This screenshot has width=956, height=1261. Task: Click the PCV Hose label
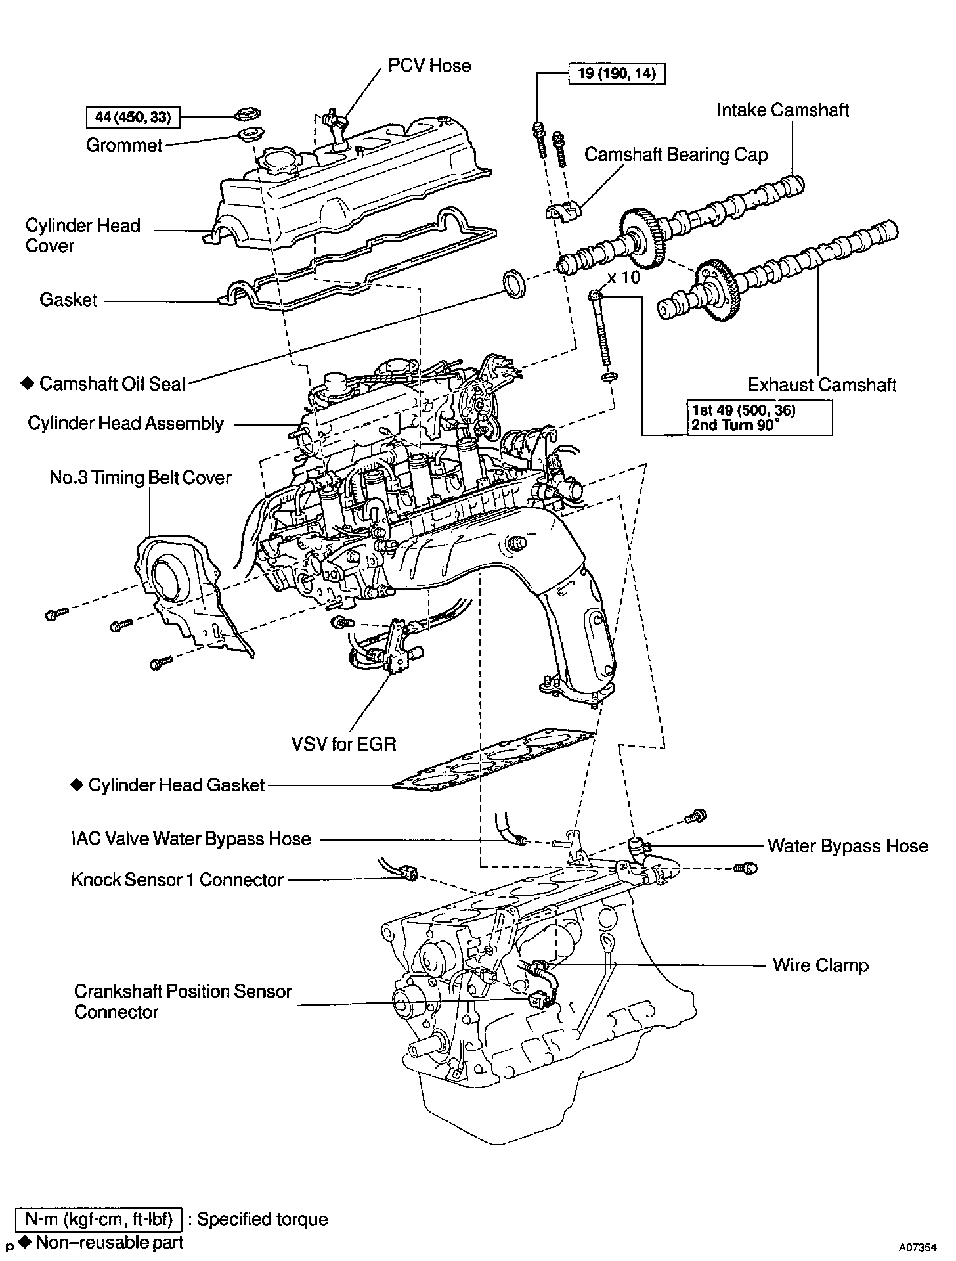point(429,66)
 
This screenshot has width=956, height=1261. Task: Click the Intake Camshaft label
point(782,110)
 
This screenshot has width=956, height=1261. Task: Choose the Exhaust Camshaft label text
point(821,384)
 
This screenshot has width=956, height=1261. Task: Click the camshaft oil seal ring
point(513,283)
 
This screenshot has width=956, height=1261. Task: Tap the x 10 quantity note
point(623,277)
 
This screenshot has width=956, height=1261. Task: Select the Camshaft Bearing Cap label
point(676,155)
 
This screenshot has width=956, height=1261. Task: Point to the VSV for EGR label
point(344,743)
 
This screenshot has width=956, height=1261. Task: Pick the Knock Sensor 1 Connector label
point(177,879)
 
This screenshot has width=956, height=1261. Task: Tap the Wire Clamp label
point(820,965)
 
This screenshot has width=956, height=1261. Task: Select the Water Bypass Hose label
point(848,846)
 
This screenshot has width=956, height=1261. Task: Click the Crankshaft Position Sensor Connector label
point(183,1001)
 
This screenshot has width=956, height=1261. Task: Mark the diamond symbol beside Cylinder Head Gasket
point(77,784)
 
